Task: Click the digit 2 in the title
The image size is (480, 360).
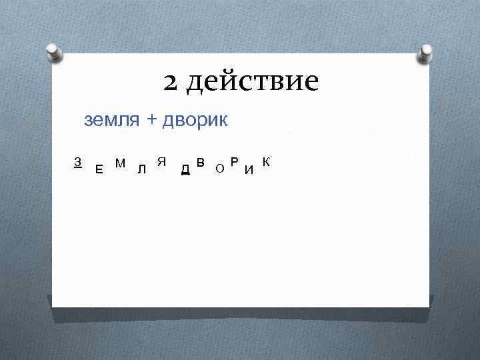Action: [x=171, y=83]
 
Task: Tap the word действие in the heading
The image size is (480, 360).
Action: [x=252, y=83]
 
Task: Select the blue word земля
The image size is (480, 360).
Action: [x=111, y=120]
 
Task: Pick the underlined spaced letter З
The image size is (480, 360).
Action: [x=78, y=162]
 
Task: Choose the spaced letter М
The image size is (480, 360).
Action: [x=121, y=163]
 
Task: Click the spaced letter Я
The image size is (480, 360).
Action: [x=161, y=162]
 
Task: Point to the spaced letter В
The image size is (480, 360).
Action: [x=201, y=163]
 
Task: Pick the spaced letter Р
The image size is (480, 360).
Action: [x=234, y=162]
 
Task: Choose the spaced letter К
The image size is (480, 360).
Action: [x=266, y=162]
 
